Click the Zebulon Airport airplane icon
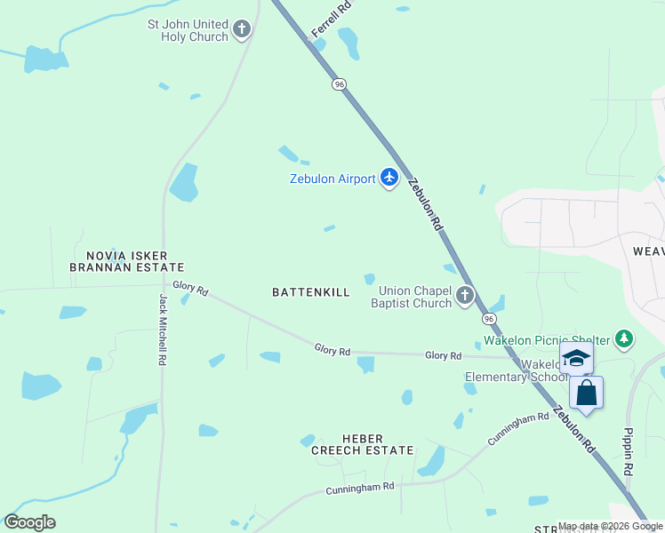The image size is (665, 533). coord(389,178)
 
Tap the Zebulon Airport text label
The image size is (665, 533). coord(332,179)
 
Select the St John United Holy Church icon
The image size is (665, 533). coord(242,30)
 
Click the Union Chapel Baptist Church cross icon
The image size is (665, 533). coord(465,297)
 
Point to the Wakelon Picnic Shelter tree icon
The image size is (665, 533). coord(625,339)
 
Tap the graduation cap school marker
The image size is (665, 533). coord(576,358)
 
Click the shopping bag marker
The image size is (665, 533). coord(586,393)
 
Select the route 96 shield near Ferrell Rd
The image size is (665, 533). coord(339,84)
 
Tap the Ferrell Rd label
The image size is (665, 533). coord(332,20)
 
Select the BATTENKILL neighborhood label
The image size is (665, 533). coord(311,291)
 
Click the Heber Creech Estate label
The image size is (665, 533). coord(362,444)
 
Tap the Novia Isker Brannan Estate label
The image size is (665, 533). coord(127,261)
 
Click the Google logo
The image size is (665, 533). coord(29,522)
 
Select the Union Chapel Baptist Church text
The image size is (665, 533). coord(415,297)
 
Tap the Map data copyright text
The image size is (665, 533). coord(610,526)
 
